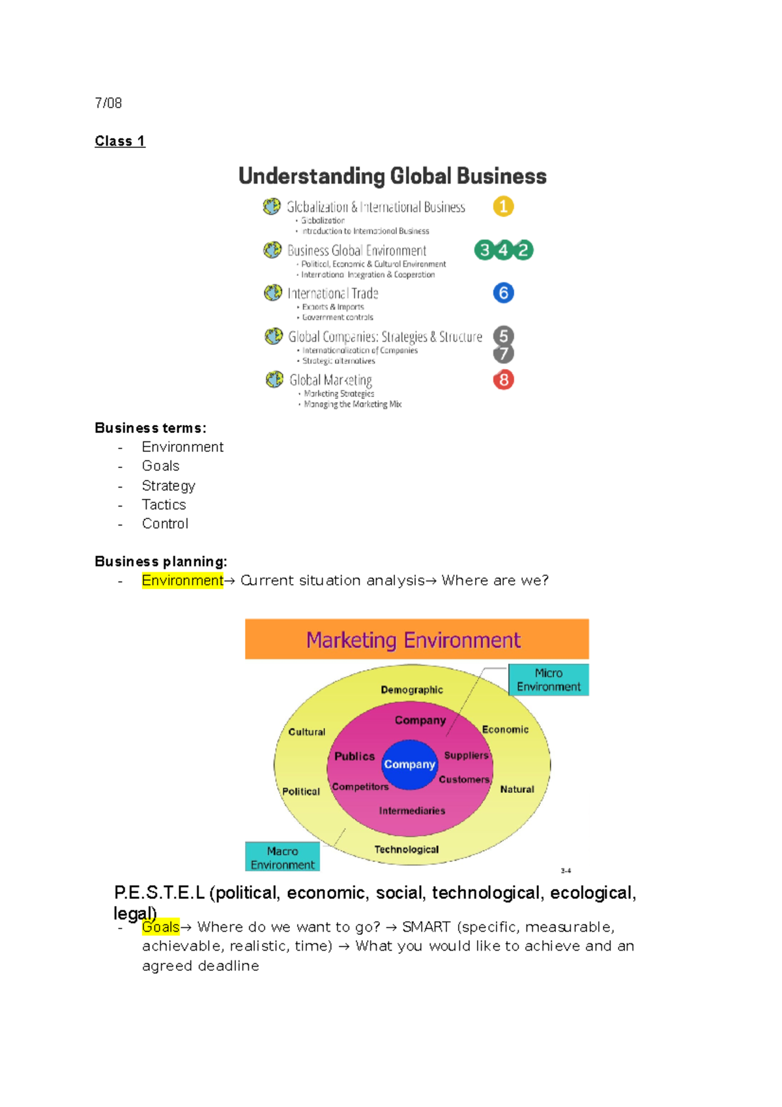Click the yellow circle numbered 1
(503, 207)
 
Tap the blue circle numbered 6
(503, 293)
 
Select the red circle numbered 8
(503, 379)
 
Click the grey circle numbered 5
(503, 336)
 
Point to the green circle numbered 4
(503, 250)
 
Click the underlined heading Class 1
(120, 141)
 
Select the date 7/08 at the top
(108, 103)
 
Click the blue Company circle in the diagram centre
(409, 764)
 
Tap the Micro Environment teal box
(548, 680)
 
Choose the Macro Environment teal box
(282, 857)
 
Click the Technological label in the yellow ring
(406, 849)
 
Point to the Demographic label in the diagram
(412, 690)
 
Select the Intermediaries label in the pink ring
(412, 811)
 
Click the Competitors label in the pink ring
(360, 787)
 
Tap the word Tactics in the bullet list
(164, 505)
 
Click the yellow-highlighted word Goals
(160, 927)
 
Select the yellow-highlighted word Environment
(182, 580)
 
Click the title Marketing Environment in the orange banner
(413, 640)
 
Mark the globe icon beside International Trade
(273, 293)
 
